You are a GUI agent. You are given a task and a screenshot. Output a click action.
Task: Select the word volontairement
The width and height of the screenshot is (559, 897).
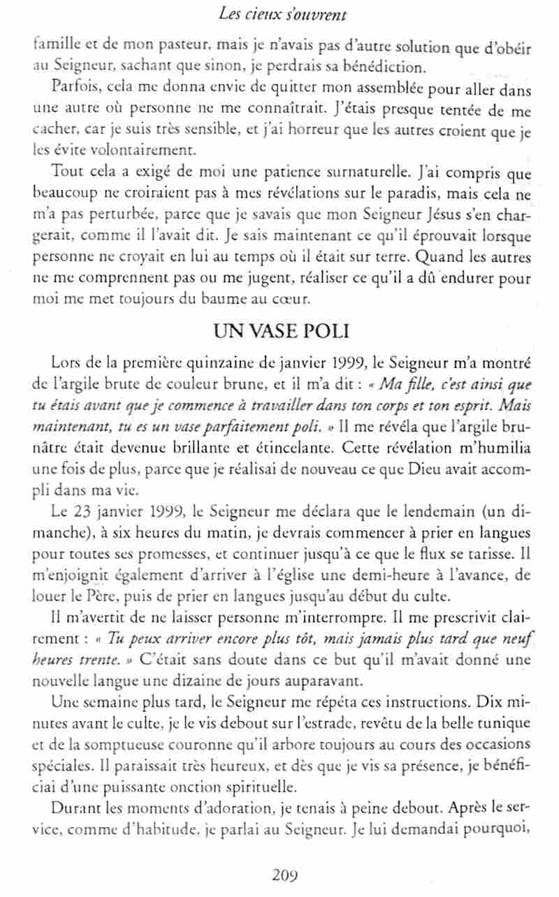click(x=143, y=148)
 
